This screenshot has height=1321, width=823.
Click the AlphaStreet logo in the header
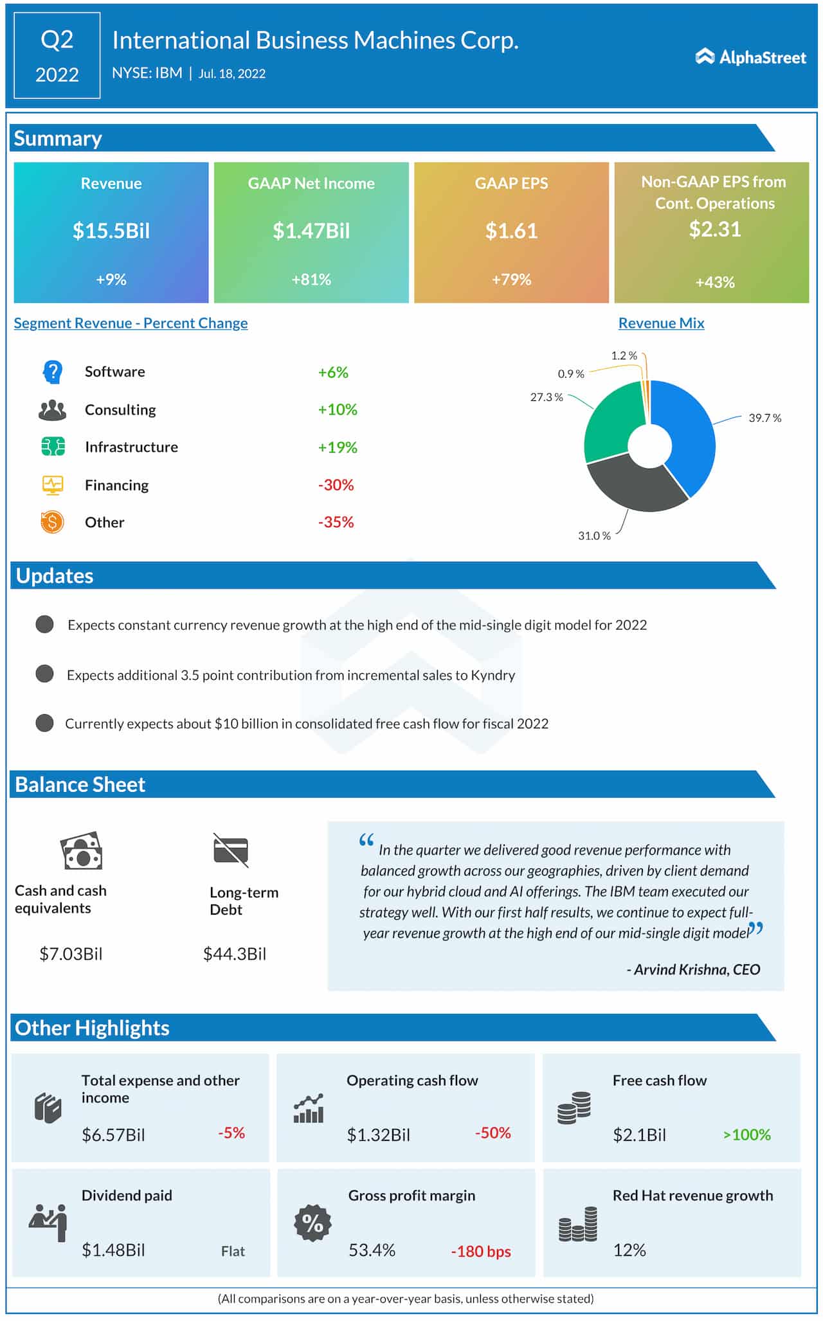[750, 57]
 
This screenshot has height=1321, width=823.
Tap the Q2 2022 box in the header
[57, 56]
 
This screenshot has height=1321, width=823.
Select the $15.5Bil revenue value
[111, 231]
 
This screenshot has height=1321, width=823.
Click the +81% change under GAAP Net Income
[311, 280]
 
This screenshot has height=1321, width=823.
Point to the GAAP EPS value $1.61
[511, 231]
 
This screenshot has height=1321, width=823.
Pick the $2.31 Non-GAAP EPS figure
[714, 229]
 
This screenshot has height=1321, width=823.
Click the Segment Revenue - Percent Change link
[131, 323]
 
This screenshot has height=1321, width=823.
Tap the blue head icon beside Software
[53, 372]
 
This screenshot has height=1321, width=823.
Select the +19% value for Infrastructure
[338, 447]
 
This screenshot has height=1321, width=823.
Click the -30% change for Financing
[336, 485]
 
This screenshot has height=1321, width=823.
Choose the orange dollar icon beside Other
[52, 522]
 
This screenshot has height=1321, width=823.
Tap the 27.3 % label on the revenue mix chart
[546, 397]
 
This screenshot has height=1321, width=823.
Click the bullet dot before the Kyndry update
[44, 674]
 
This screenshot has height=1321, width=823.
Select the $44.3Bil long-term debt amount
[234, 954]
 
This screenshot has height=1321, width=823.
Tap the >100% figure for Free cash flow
[746, 1135]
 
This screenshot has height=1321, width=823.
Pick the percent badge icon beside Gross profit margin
[312, 1223]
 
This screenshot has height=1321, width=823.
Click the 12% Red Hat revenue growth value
[629, 1250]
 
